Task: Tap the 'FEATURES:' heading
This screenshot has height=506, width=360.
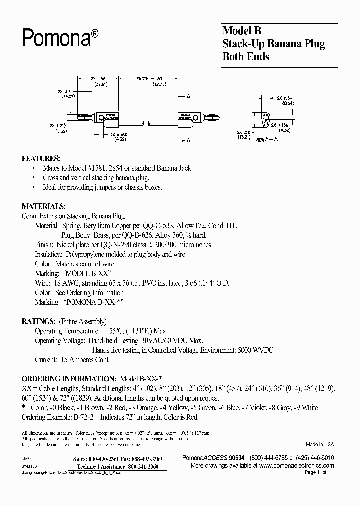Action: pos(41,158)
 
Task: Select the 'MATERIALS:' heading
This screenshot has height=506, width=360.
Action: pos(43,206)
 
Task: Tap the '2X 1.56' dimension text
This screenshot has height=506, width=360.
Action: pos(99,79)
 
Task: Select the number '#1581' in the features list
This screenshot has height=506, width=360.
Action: pos(99,168)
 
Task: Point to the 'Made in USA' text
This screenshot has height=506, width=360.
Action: pos(320,444)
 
